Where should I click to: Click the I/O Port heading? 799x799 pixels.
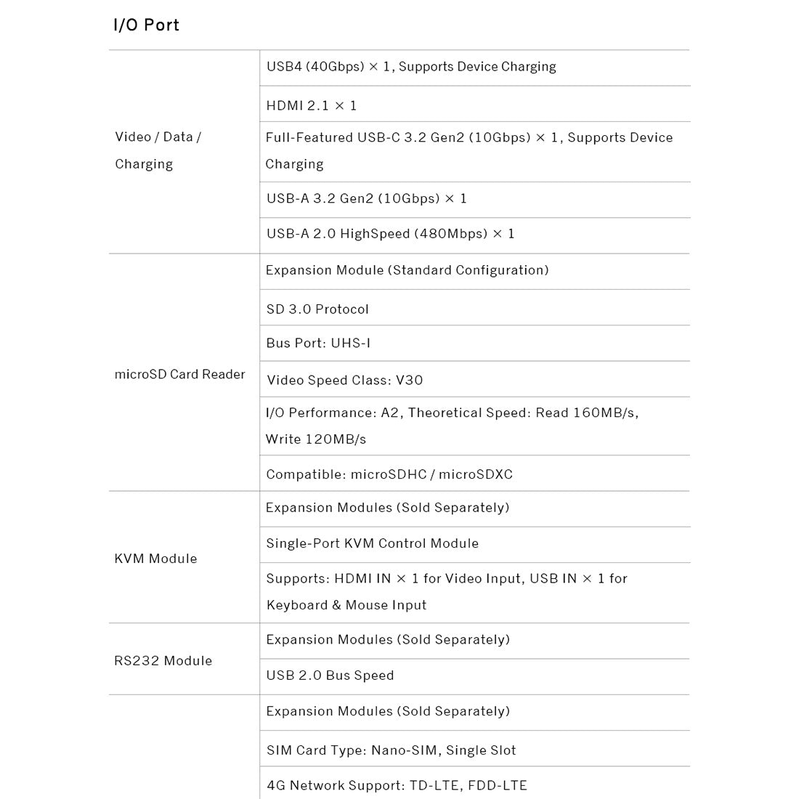pos(146,25)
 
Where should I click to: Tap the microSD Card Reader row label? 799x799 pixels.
pos(179,375)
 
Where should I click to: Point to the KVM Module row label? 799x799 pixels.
pos(155,559)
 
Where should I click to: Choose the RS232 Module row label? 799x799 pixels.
pos(163,661)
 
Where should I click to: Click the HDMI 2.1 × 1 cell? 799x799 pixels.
pos(312,105)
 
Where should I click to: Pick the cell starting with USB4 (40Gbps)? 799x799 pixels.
pos(411,67)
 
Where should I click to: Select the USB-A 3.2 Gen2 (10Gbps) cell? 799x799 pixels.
pos(366,198)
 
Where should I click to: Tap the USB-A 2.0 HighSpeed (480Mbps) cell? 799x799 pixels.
pos(390,234)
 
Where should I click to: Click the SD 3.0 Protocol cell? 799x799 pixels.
pos(317,309)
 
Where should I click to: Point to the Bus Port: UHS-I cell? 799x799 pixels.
pos(318,343)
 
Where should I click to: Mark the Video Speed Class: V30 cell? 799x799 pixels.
pos(344,380)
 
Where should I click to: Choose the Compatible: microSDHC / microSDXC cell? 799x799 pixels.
pos(389,474)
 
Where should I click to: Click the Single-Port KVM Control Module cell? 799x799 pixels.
pos(372,543)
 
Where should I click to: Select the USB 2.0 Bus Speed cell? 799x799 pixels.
pos(330,676)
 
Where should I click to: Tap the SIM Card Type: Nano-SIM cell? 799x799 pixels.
pos(391,750)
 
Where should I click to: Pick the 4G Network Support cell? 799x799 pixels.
pos(397,785)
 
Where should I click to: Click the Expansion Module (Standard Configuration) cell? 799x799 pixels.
pos(407,270)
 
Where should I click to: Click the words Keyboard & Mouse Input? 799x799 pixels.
pos(346,605)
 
